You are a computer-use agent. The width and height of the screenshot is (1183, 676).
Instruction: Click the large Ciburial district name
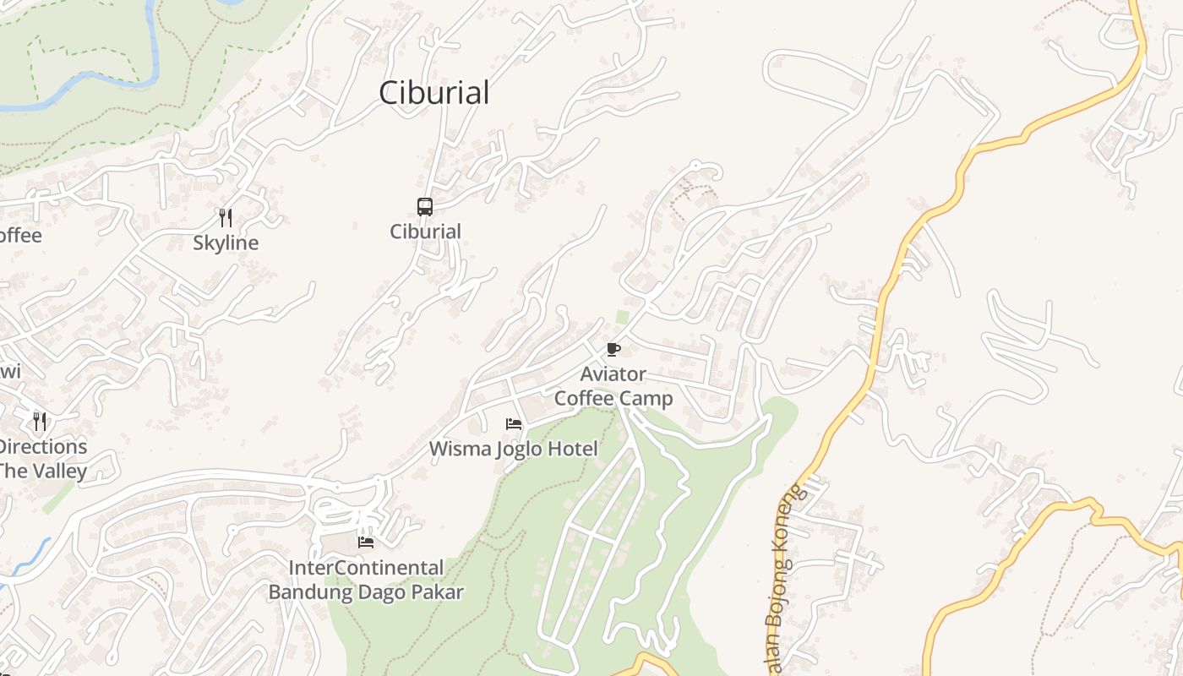[x=433, y=93]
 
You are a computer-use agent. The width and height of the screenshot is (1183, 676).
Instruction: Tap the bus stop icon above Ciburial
[x=425, y=207]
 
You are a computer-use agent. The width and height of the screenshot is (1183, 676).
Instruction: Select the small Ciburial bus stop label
[x=425, y=232]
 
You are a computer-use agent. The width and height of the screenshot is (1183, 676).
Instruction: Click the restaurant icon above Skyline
[x=226, y=218]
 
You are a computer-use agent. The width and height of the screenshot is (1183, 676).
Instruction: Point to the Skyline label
[x=226, y=243]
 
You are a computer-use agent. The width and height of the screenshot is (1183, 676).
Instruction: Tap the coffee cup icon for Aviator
[x=613, y=350]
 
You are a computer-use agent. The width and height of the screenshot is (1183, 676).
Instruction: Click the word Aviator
[x=613, y=374]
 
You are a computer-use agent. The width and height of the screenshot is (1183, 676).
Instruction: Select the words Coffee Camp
[x=613, y=399]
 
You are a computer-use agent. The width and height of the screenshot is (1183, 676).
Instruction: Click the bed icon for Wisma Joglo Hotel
[x=514, y=424]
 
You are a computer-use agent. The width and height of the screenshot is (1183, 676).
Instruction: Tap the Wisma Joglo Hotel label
[x=514, y=449]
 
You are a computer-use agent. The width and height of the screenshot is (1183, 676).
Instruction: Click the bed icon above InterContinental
[x=366, y=542]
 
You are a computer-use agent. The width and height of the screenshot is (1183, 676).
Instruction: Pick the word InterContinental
[x=366, y=567]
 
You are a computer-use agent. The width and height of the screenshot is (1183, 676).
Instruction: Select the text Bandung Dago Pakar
[x=366, y=592]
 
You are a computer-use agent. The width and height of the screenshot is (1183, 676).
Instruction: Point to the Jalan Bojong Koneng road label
[x=782, y=578]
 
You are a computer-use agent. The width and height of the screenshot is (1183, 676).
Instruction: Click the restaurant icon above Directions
[x=40, y=421]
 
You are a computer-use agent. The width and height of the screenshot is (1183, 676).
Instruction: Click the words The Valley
[x=42, y=471]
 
